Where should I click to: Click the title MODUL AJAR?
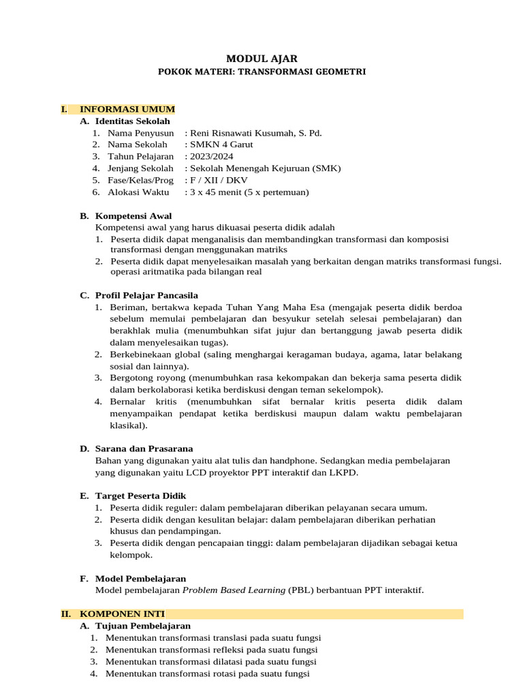[261, 59]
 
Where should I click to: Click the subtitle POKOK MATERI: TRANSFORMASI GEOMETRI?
[261, 72]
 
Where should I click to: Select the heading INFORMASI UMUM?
[127, 109]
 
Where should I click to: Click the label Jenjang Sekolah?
[140, 168]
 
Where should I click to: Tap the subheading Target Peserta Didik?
[140, 496]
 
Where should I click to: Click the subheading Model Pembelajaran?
[140, 578]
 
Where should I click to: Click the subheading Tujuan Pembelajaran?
[143, 625]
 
